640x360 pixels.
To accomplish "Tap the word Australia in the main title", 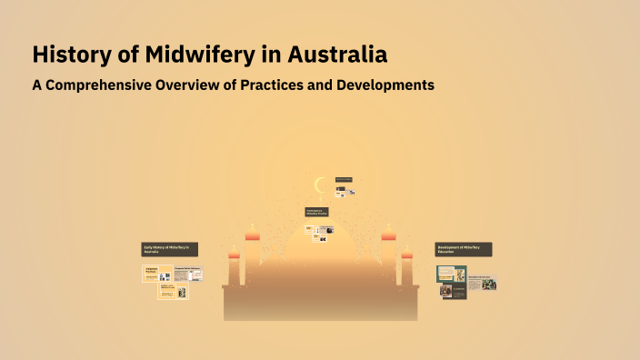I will point(337,55).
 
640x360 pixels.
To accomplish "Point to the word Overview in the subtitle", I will point(203,85).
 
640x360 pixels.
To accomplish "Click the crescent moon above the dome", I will point(319,185).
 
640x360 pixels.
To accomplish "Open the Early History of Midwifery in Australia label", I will point(170,248).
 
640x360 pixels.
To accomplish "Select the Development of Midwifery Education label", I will point(464,249).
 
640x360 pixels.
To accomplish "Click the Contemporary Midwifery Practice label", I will point(316,212).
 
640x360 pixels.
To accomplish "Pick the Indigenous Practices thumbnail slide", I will point(157,273).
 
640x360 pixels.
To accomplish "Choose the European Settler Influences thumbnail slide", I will point(188,274).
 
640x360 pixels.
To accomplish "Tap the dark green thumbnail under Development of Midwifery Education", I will point(451,274).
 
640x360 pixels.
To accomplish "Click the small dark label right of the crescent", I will point(344,179).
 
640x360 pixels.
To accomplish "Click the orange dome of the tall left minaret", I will point(252,236).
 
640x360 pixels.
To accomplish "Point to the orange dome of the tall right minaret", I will point(388,236).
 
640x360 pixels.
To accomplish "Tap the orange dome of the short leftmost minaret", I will point(234,255).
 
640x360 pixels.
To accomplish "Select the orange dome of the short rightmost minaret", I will point(406,255).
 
